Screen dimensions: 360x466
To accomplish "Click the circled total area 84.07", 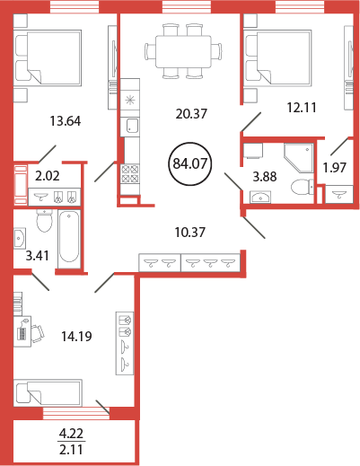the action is pyautogui.click(x=190, y=163).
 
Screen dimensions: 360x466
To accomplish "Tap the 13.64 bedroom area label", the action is pyautogui.click(x=66, y=121).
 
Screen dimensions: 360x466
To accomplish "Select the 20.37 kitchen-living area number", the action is pyautogui.click(x=191, y=114).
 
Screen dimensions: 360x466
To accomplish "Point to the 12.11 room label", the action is pyautogui.click(x=302, y=107).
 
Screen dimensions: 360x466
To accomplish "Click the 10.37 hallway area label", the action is pyautogui.click(x=190, y=233).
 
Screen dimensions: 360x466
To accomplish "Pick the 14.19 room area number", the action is pyautogui.click(x=76, y=337).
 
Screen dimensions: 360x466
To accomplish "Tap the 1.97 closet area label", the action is pyautogui.click(x=335, y=168).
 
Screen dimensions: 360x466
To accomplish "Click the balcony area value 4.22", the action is pyautogui.click(x=71, y=434).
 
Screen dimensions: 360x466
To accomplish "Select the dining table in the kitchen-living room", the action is pyautogui.click(x=183, y=51).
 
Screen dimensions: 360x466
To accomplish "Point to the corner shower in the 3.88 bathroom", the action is pyautogui.click(x=299, y=158).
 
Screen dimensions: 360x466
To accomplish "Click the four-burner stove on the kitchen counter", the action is pyautogui.click(x=130, y=174).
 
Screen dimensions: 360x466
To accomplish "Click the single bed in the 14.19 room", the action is pyautogui.click(x=48, y=392).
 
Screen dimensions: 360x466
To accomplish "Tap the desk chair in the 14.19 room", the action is pyautogui.click(x=38, y=334).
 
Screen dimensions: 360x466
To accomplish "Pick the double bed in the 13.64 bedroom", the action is pyautogui.click(x=48, y=57).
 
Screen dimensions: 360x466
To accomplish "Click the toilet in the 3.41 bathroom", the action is pyautogui.click(x=44, y=221).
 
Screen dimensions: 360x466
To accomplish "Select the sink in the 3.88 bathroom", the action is pyautogui.click(x=260, y=198).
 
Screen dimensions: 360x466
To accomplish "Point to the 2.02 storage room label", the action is pyautogui.click(x=48, y=176).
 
